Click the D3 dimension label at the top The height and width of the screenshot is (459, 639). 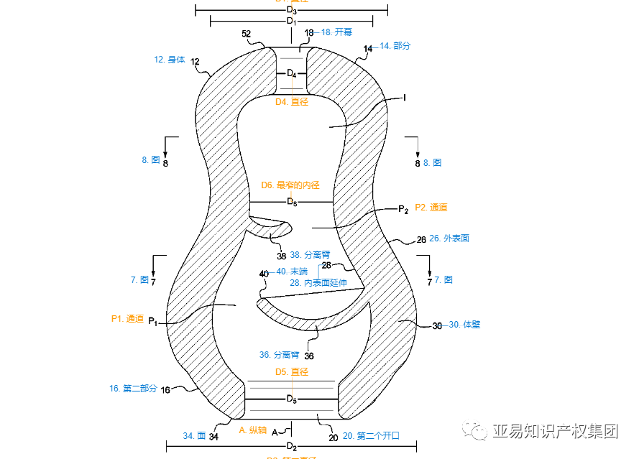click(291, 10)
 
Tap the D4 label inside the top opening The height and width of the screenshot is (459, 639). click(291, 73)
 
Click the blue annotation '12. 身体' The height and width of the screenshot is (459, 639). click(170, 60)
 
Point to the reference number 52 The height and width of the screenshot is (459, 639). click(247, 34)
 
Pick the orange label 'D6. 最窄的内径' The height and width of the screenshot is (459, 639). click(290, 185)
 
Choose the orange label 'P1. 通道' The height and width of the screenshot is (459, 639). click(128, 318)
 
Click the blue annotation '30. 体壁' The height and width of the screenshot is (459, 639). click(464, 325)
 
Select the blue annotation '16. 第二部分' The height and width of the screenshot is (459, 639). click(133, 389)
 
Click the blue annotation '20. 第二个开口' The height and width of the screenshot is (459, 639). click(371, 436)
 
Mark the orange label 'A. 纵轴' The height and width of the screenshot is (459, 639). click(252, 430)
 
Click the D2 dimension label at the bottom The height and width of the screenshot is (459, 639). click(291, 447)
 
